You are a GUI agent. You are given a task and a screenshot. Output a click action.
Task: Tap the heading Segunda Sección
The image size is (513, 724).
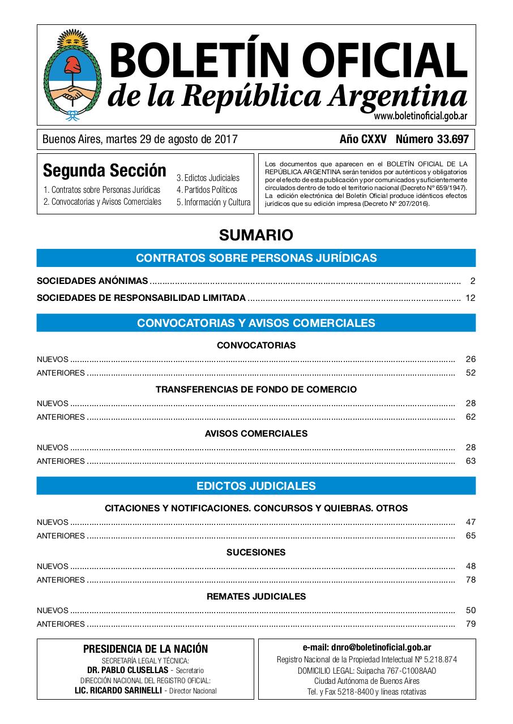[105, 170]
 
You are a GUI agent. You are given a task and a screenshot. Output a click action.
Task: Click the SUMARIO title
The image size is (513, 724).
[256, 234]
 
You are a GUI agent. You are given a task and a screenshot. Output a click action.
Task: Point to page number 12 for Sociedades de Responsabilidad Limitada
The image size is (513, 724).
[471, 298]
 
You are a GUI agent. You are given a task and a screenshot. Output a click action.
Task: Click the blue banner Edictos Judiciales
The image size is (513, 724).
[256, 486]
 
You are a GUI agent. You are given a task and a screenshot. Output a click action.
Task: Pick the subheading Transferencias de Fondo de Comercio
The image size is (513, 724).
[256, 389]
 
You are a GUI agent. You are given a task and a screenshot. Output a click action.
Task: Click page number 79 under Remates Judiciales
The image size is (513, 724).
[471, 624]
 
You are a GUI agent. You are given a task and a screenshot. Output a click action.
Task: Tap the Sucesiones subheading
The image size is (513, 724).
[256, 552]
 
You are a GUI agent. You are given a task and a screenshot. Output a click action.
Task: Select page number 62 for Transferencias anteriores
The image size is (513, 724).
[471, 417]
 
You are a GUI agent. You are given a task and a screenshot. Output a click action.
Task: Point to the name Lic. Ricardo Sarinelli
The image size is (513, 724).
[119, 691]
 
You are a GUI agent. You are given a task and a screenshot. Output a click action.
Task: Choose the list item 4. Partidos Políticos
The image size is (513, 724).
[207, 190]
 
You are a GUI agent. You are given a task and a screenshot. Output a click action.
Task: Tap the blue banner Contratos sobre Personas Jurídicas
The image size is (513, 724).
[256, 258]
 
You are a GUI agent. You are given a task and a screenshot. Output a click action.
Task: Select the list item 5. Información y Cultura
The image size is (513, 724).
[213, 202]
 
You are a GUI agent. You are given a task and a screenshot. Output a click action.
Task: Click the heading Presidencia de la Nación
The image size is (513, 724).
[146, 649]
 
